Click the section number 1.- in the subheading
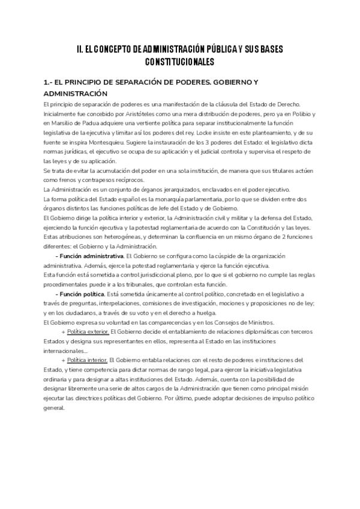[x=49, y=82]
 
